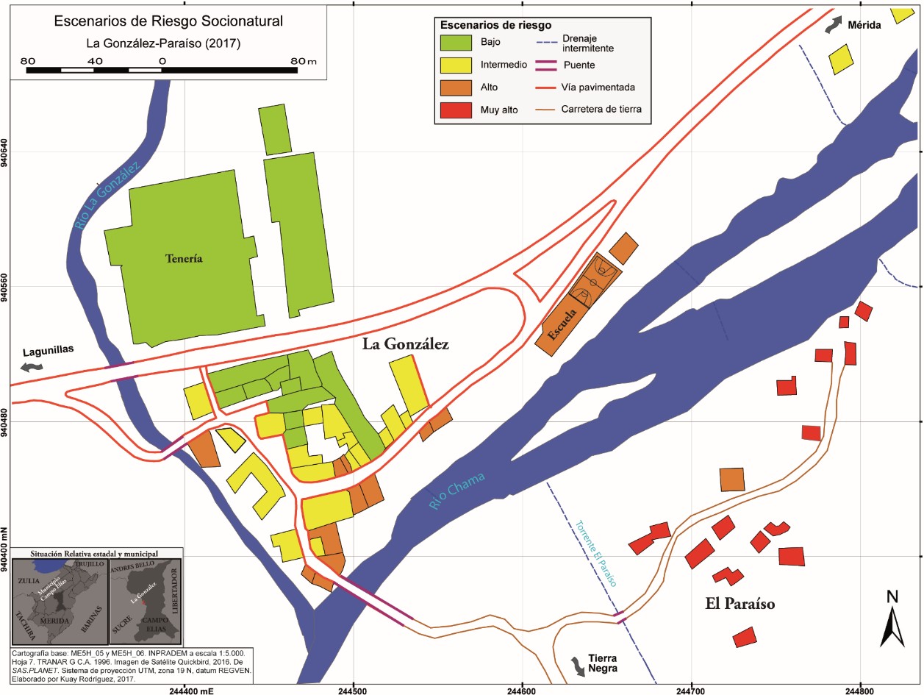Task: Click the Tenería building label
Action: point(184,259)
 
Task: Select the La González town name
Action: point(405,343)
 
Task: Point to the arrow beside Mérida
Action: point(832,25)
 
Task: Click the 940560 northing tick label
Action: point(7,287)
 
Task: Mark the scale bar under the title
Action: point(162,71)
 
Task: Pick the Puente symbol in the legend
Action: point(545,65)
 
